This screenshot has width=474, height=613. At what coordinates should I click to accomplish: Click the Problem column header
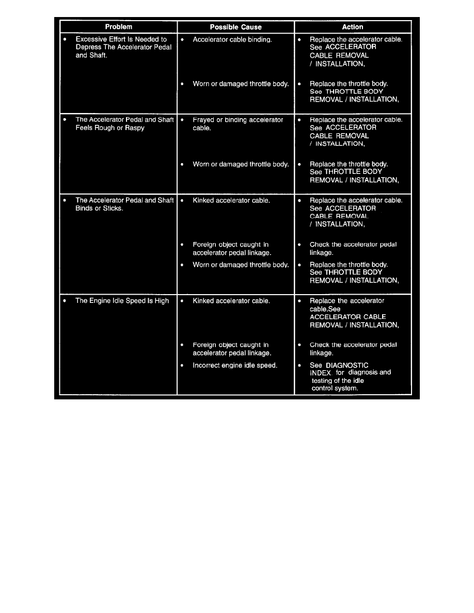119,27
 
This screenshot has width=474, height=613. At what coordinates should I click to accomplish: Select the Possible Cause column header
235,27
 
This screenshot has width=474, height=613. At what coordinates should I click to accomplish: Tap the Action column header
353,27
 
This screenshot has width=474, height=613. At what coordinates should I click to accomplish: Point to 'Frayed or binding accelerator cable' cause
238,124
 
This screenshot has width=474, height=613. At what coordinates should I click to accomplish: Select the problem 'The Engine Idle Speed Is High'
122,301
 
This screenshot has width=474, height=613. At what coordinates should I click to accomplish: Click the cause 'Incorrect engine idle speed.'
235,365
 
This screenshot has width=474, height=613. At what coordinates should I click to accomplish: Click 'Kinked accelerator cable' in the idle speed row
231,301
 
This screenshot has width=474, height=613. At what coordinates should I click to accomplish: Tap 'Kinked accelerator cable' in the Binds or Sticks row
231,200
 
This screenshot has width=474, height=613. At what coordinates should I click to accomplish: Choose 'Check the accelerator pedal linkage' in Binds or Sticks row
353,249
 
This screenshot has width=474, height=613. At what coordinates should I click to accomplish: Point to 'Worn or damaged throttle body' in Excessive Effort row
240,84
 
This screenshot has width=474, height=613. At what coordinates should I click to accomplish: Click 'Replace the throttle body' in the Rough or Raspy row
349,165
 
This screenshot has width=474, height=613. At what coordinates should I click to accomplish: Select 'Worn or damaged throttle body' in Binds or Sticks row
240,265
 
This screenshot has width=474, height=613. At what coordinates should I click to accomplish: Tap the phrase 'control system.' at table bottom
335,388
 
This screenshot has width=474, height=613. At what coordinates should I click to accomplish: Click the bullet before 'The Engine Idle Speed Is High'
65,301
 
